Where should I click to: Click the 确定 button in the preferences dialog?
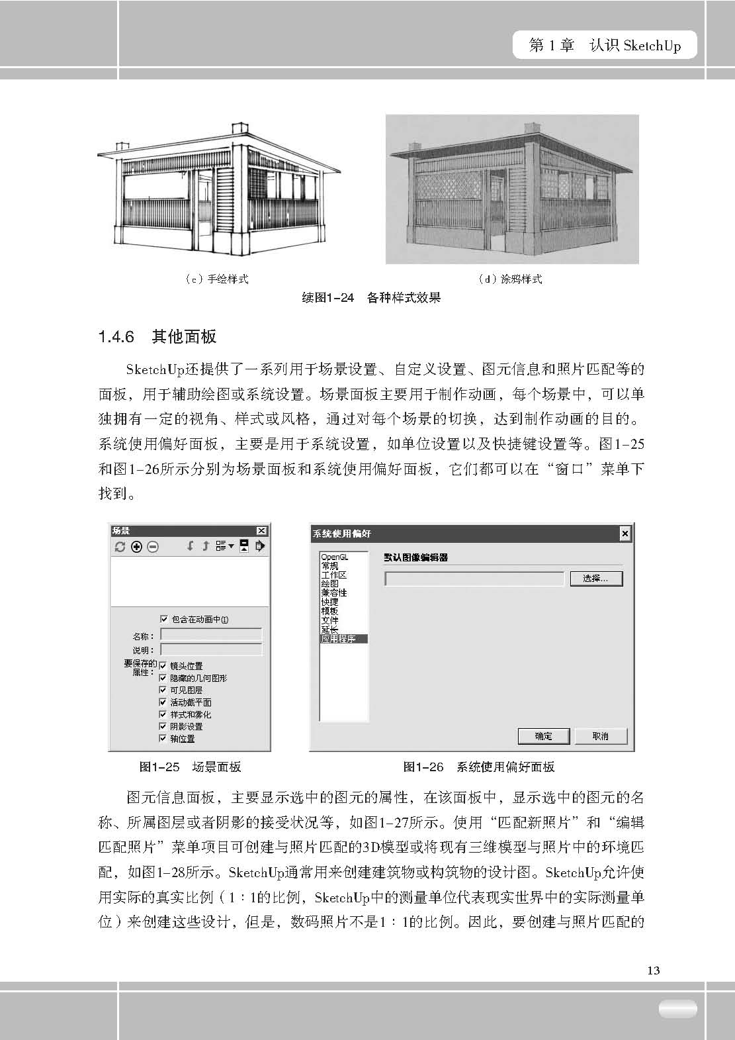point(543,735)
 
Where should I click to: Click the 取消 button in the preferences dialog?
point(600,735)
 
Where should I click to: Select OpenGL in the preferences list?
point(334,557)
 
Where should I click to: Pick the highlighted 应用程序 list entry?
point(339,639)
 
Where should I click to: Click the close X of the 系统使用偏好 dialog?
point(625,534)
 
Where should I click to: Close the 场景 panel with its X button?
point(261,530)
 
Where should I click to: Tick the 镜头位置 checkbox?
point(163,666)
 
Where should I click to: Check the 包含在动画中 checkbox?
point(164,619)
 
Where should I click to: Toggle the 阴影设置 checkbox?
point(163,726)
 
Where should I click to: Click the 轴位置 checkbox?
point(163,738)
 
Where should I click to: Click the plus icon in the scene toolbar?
point(136,547)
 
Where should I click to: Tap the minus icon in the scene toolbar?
point(153,547)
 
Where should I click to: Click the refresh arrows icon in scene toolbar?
point(120,547)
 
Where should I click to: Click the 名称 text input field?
point(211,635)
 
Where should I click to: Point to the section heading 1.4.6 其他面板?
point(157,337)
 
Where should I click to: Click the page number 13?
point(653,970)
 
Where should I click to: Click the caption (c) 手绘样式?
point(216,279)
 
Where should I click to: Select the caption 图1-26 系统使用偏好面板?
point(478,767)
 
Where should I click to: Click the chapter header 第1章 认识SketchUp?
point(605,46)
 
